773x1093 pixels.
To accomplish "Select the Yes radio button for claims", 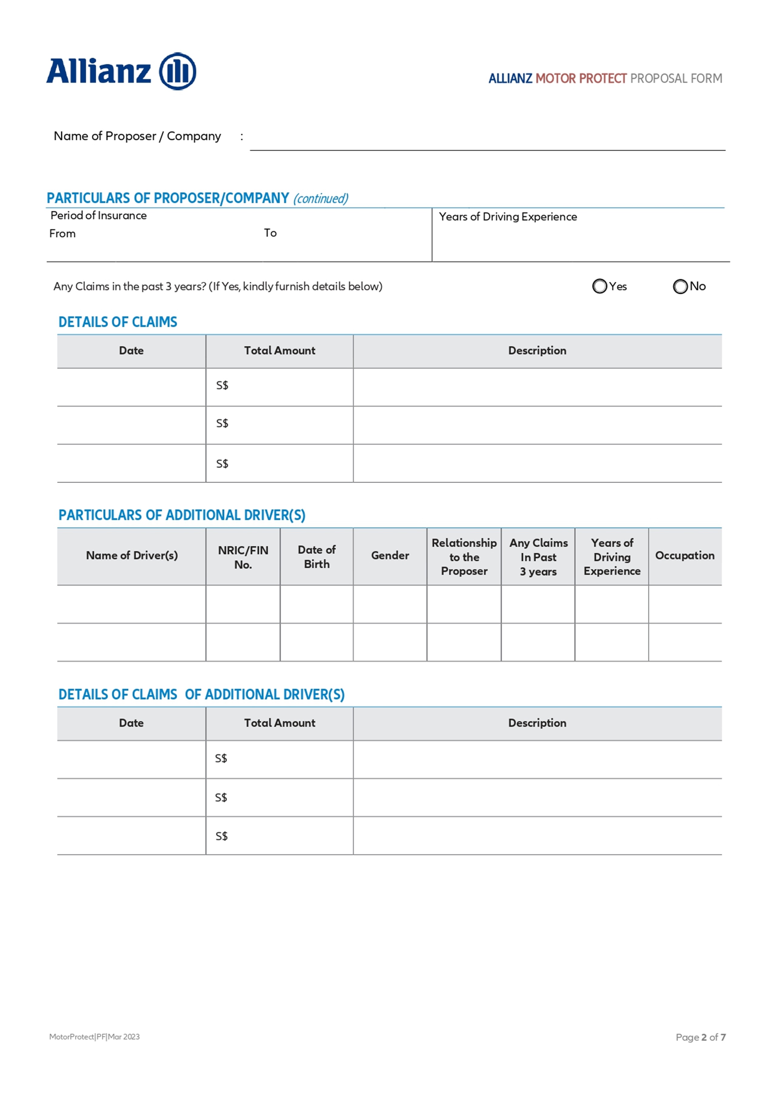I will pos(599,286).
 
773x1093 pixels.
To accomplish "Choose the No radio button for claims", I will pos(680,286).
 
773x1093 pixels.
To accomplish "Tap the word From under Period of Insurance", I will pos(62,234).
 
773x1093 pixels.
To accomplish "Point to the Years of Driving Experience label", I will pos(507,217).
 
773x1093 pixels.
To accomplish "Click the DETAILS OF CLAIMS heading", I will pos(118,322).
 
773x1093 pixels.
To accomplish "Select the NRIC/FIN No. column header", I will pos(243,557).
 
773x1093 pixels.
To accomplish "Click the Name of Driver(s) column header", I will pos(132,556).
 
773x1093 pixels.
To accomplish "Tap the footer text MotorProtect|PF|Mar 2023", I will pos(94,1037).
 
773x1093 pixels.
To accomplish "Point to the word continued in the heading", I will pos(321,199).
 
